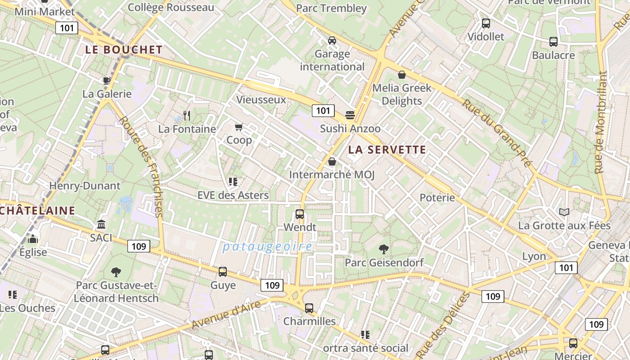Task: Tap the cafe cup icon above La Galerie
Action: pyautogui.click(x=107, y=81)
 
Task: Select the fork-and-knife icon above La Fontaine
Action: pyautogui.click(x=187, y=116)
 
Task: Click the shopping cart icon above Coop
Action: pyautogui.click(x=239, y=127)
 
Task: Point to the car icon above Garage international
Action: pyautogui.click(x=332, y=40)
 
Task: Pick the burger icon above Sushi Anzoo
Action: pyautogui.click(x=350, y=115)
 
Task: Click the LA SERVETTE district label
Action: pyautogui.click(x=387, y=150)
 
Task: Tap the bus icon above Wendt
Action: pyautogui.click(x=300, y=214)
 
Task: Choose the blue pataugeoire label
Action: pyautogui.click(x=267, y=247)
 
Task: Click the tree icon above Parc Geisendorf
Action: pyautogui.click(x=384, y=249)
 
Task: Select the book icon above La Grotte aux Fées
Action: pyautogui.click(x=564, y=212)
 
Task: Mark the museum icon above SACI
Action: pyautogui.click(x=101, y=224)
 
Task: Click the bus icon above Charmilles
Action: pyautogui.click(x=309, y=308)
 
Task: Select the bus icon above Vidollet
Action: pyautogui.click(x=486, y=23)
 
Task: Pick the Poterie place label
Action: pyautogui.click(x=437, y=198)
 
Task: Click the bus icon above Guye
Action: pyautogui.click(x=223, y=272)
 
